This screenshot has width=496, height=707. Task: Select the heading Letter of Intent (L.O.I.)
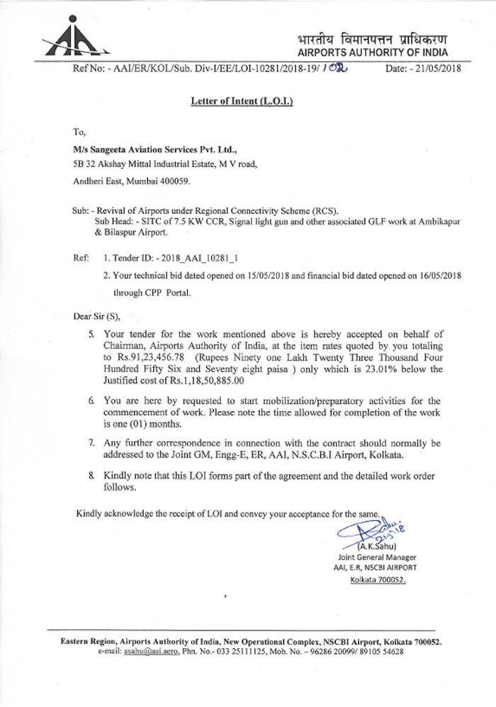[x=242, y=101]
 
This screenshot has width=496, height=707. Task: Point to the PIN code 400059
[x=174, y=181]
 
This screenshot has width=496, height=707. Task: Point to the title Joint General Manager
[x=377, y=557]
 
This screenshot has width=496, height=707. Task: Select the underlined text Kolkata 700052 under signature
[x=378, y=579]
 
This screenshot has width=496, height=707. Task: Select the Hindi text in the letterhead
[x=373, y=38]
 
